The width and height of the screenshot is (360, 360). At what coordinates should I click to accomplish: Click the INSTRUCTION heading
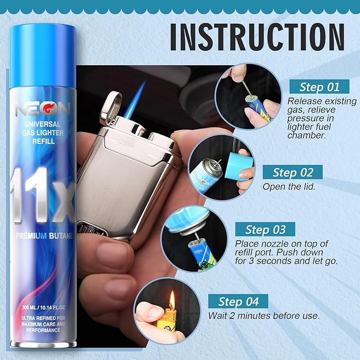click(257, 37)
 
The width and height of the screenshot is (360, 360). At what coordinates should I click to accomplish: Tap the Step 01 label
click(319, 87)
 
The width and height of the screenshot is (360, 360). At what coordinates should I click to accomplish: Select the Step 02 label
click(293, 172)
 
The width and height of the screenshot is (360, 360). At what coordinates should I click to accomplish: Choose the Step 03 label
click(266, 230)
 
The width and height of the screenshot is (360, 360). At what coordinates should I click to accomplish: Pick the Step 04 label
click(238, 301)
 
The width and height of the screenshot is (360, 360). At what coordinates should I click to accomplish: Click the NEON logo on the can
click(43, 109)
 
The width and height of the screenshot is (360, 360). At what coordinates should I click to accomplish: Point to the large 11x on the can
click(43, 195)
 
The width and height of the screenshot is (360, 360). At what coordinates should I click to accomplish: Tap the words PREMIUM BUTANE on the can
click(45, 236)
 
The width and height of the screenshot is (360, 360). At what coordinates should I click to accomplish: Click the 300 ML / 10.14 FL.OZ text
click(43, 307)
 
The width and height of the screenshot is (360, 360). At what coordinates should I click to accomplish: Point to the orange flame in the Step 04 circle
click(172, 300)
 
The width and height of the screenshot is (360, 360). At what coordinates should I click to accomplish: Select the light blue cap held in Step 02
click(239, 165)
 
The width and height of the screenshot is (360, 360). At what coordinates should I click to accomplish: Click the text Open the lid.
click(289, 187)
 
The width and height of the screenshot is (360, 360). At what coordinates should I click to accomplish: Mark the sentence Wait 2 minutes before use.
click(264, 315)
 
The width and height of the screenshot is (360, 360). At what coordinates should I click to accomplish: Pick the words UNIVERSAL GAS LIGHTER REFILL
click(43, 133)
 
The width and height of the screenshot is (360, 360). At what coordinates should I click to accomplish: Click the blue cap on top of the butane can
click(43, 56)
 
